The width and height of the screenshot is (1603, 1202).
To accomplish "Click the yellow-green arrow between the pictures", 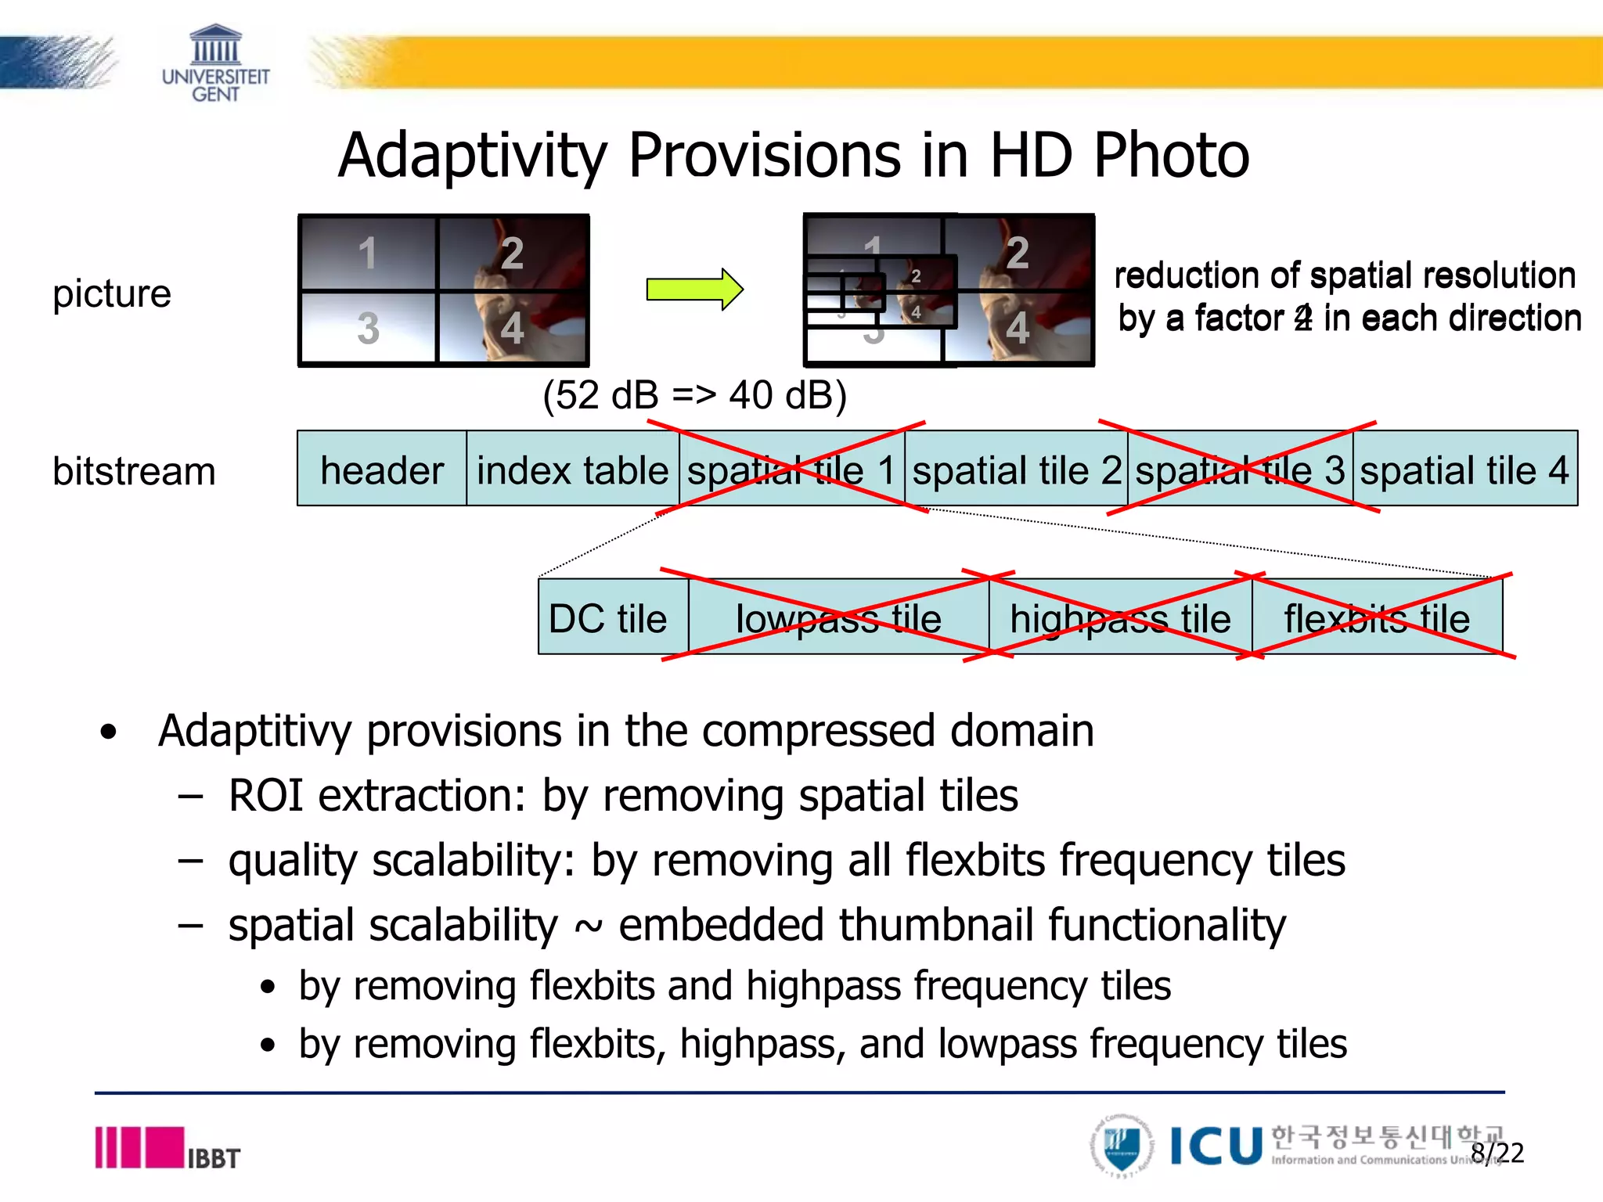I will [x=693, y=290].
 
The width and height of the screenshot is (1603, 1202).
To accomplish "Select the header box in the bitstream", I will [x=382, y=470].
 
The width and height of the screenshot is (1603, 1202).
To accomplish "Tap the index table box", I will [x=572, y=470].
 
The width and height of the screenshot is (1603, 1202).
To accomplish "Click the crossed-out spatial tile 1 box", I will [x=791, y=470].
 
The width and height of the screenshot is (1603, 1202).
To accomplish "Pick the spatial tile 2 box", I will [x=1016, y=470].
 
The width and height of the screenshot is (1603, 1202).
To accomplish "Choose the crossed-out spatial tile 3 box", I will [x=1240, y=470].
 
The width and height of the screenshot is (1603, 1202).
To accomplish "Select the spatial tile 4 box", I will [x=1464, y=470].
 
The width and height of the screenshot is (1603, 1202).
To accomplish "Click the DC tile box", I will [x=609, y=618].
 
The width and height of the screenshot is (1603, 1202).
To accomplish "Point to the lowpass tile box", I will [x=838, y=618].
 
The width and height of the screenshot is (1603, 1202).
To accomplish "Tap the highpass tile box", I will [x=1120, y=618].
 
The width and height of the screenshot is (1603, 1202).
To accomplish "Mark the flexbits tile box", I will [x=1377, y=618].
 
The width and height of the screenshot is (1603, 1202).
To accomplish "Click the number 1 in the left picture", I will [x=367, y=254].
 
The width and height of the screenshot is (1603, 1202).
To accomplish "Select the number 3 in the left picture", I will [x=368, y=328].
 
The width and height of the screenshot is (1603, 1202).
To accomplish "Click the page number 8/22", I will [x=1497, y=1153].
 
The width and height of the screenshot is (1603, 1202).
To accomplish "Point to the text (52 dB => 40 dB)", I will [x=694, y=395].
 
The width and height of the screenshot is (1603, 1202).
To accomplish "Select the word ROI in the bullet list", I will [x=265, y=796].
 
